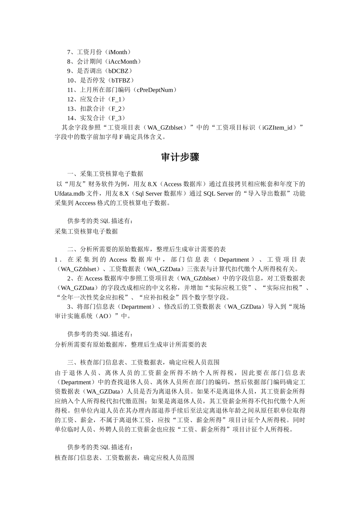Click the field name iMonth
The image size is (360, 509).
(x=118, y=52)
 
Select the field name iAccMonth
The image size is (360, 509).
(x=123, y=62)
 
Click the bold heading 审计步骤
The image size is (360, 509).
(x=180, y=157)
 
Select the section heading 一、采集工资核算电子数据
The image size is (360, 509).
(x=105, y=174)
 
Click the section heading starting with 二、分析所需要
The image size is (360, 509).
(x=147, y=250)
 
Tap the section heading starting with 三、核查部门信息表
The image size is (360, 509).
(x=143, y=362)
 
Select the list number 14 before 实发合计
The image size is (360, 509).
(x=70, y=119)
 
